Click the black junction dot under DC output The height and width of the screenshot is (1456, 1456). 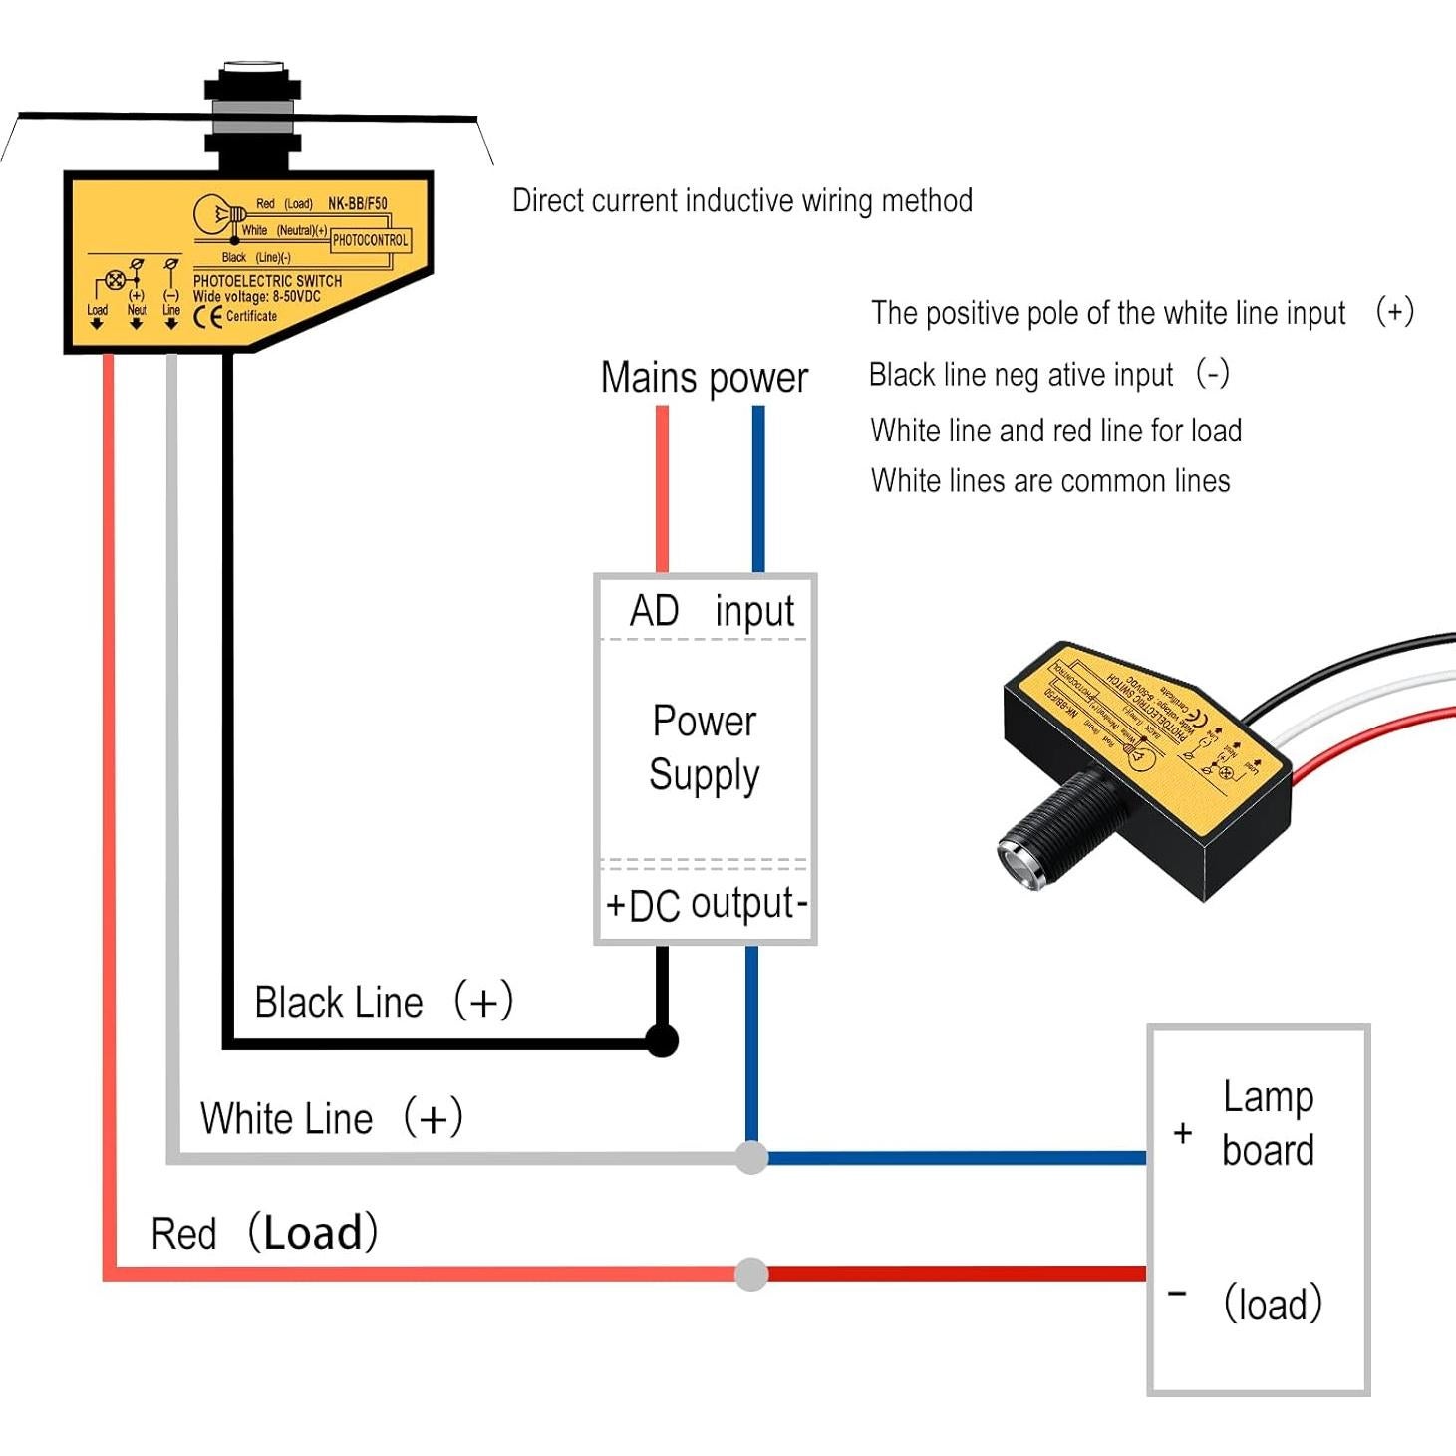(662, 1040)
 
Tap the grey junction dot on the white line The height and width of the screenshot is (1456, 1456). (751, 1157)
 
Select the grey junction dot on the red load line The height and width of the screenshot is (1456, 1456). (751, 1274)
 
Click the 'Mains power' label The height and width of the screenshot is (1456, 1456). (704, 378)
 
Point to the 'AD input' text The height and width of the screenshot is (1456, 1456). (711, 610)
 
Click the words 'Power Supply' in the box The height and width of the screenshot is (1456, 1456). (705, 747)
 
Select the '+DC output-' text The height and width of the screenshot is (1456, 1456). (706, 904)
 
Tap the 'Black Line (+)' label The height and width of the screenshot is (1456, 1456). (384, 1002)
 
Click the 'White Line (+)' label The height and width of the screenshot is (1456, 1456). (331, 1118)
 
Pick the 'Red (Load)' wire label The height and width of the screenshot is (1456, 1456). (264, 1234)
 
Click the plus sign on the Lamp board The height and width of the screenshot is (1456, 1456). (1183, 1133)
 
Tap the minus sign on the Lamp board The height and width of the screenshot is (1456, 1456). (1177, 1294)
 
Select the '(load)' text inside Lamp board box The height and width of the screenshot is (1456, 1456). (1273, 1304)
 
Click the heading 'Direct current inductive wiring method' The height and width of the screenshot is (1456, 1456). (742, 200)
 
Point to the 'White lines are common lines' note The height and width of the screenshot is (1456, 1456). (1050, 481)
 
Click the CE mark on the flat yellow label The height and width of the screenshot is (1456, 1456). (207, 317)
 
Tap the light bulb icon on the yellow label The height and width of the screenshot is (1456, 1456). (215, 213)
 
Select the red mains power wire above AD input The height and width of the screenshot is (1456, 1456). (662, 488)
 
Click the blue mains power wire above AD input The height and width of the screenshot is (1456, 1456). (758, 488)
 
